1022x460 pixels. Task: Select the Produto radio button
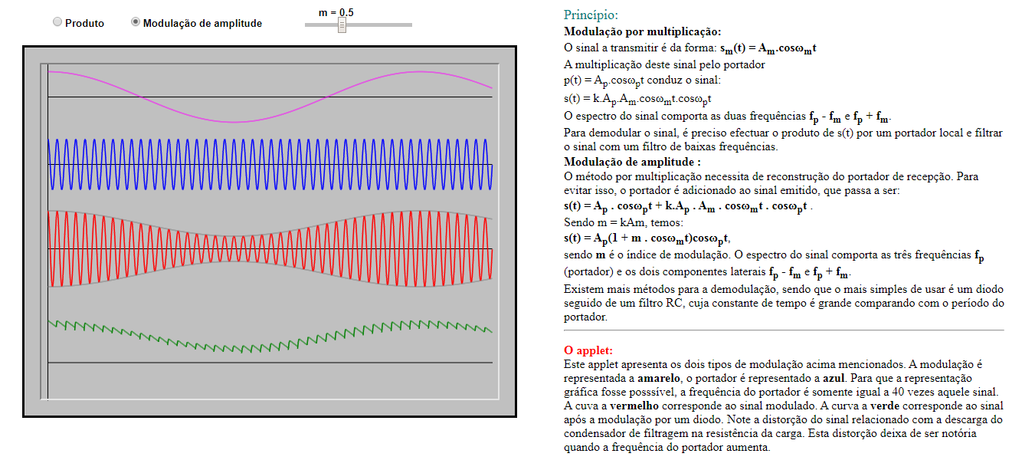pos(57,22)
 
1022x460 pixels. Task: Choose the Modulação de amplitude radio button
pos(136,22)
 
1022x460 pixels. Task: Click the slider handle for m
pos(342,25)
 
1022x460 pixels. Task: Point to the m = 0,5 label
pos(336,12)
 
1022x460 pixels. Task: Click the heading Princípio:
pos(591,15)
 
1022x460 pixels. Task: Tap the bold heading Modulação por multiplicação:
pos(642,32)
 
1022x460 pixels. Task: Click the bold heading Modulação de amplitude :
pos(632,162)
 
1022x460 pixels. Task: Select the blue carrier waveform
pos(230,164)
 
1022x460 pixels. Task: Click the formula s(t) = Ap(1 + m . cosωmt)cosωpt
pos(648,239)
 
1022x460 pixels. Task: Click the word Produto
pos(84,23)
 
